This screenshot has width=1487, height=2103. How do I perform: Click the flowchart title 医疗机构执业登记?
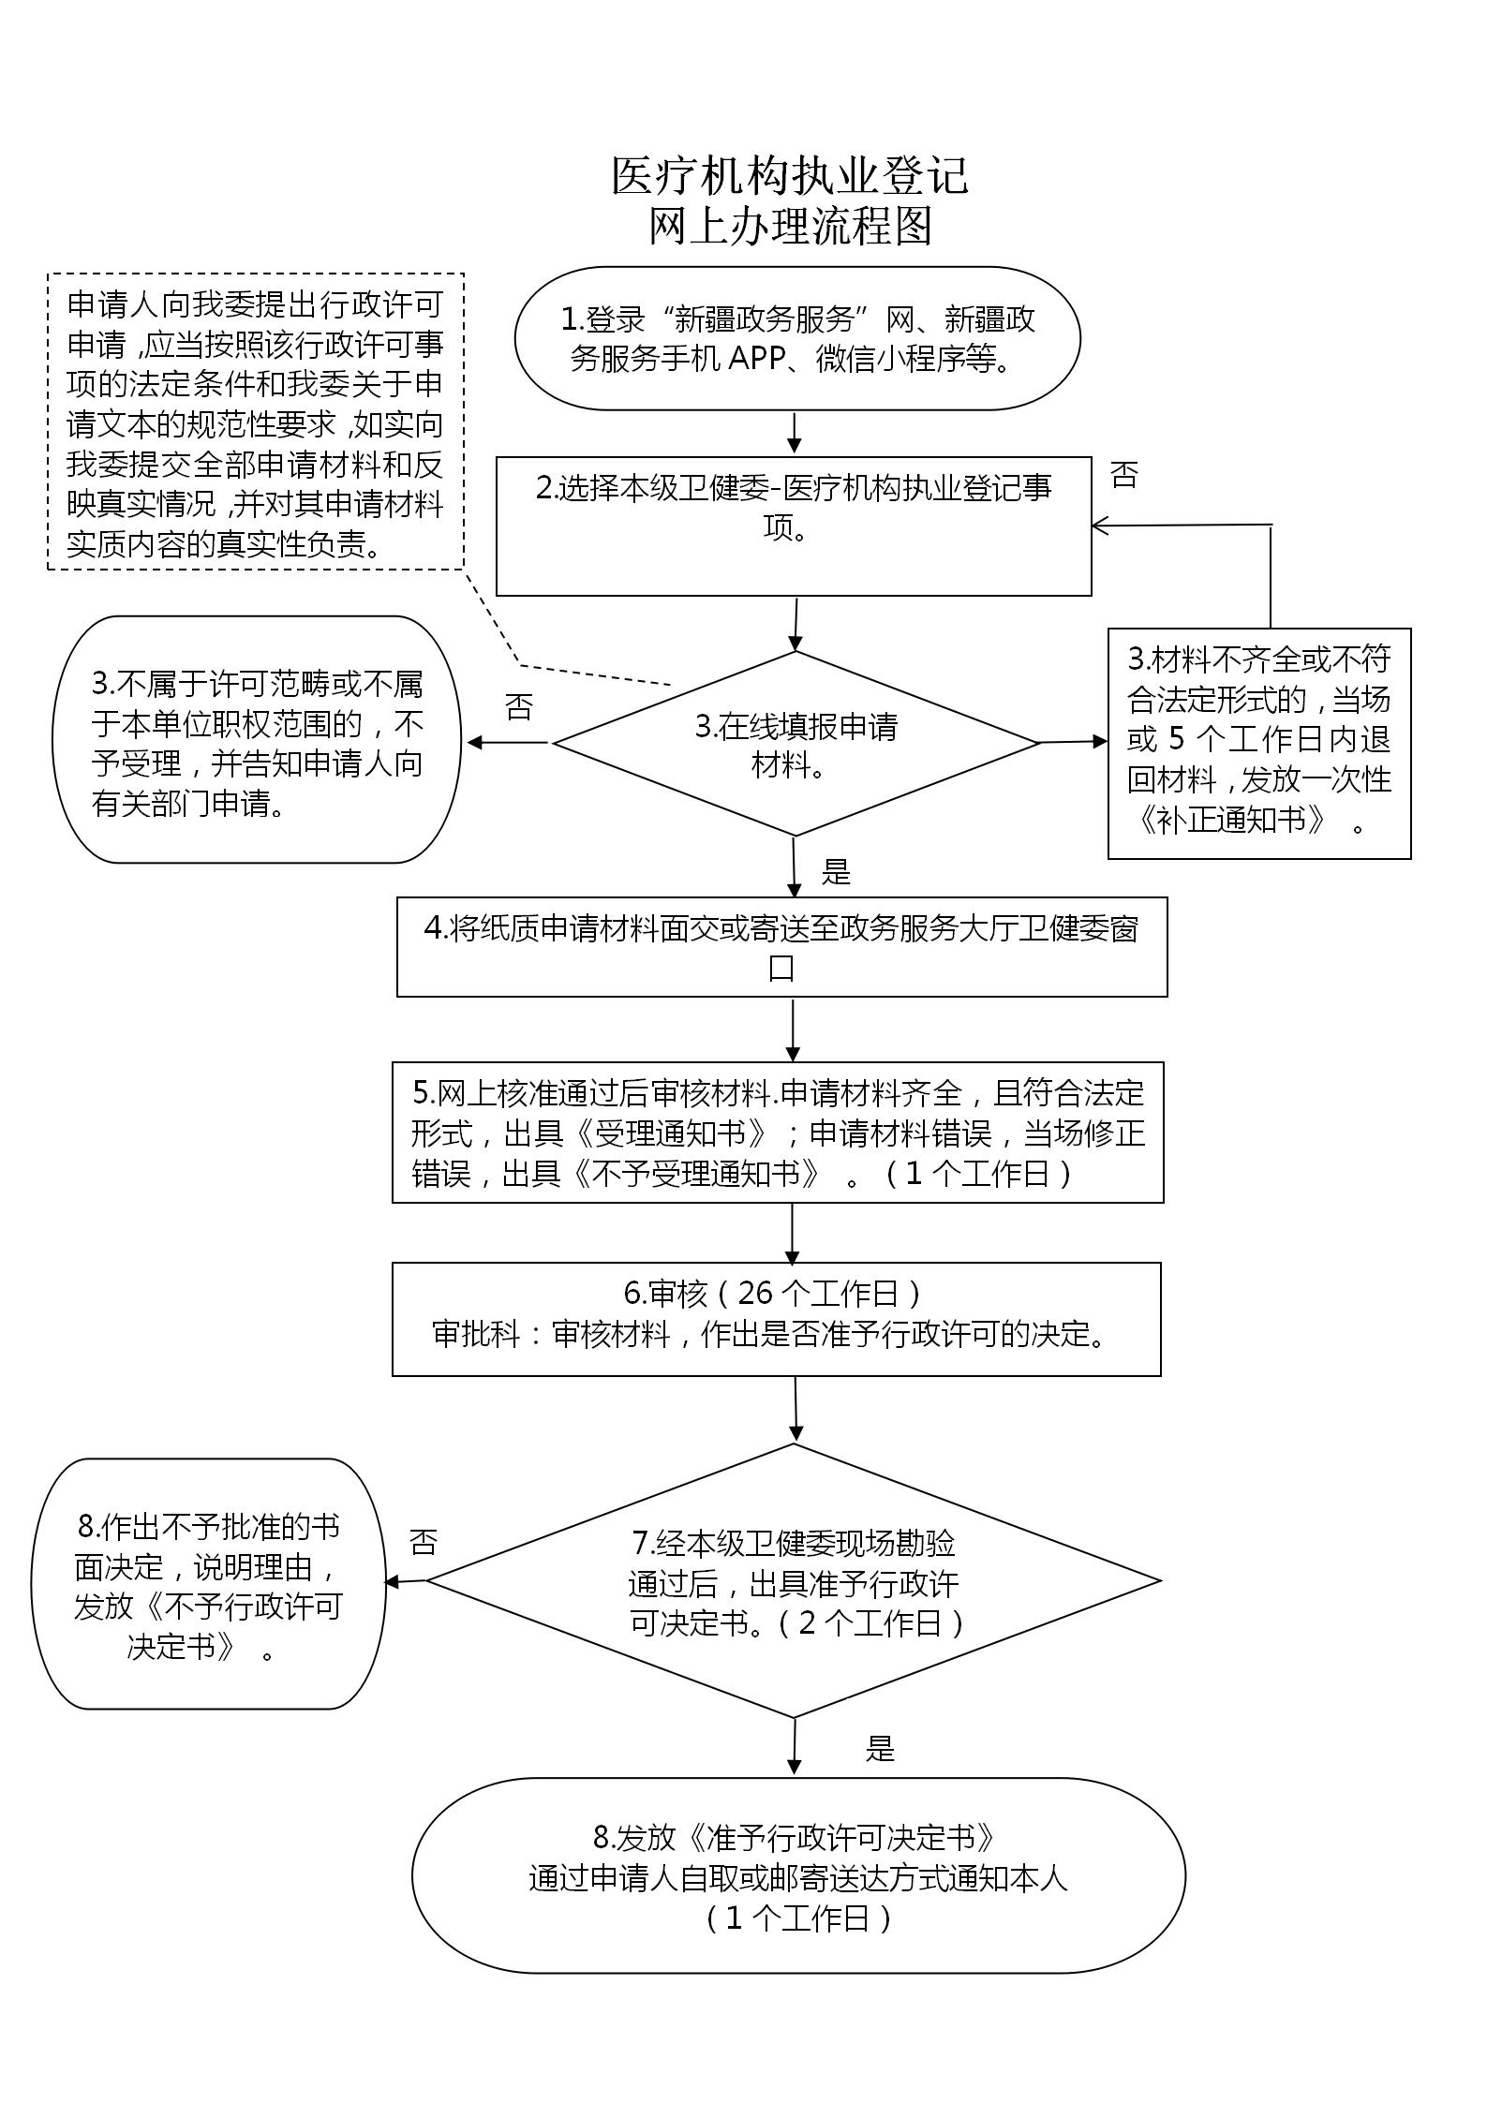pyautogui.click(x=790, y=176)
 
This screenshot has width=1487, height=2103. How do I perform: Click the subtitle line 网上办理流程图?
pyautogui.click(x=791, y=226)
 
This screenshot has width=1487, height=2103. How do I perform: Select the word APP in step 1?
pyautogui.click(x=755, y=359)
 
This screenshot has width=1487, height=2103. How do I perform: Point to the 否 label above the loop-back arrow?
pyautogui.click(x=1124, y=475)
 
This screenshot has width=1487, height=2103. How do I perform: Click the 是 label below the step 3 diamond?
pyautogui.click(x=836, y=872)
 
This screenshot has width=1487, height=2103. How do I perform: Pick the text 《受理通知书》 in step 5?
pyautogui.click(x=672, y=1133)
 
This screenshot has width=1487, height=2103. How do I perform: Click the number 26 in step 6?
pyautogui.click(x=755, y=1294)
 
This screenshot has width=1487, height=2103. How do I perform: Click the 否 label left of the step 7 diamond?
pyautogui.click(x=423, y=1542)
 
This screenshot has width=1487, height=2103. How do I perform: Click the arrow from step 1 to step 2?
pyautogui.click(x=795, y=433)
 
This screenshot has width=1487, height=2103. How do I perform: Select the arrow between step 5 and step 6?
pyautogui.click(x=793, y=1233)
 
